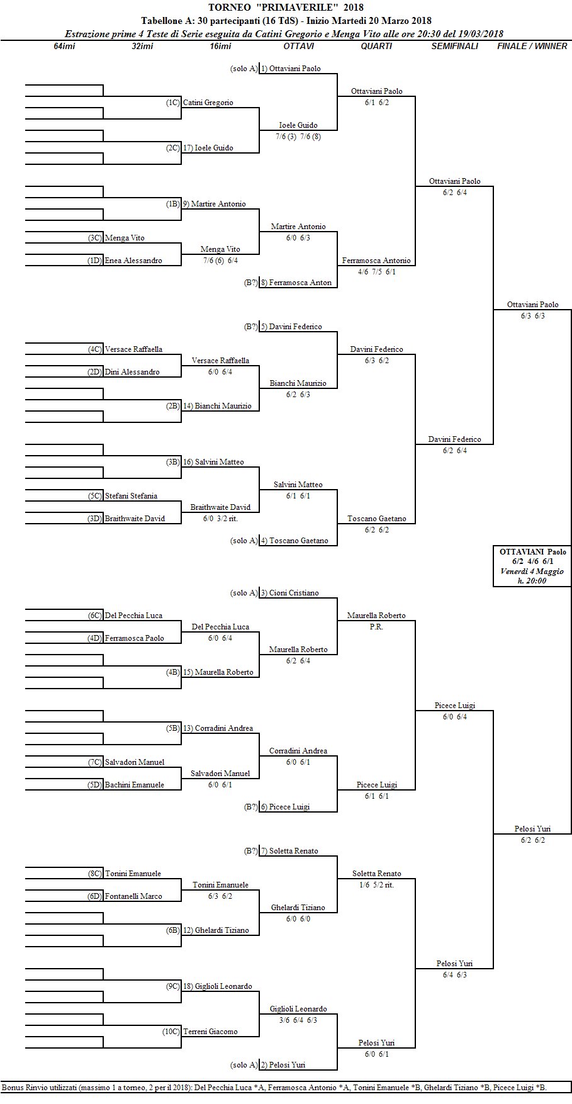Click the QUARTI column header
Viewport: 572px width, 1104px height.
coord(376,46)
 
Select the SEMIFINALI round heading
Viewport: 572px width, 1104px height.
coord(454,46)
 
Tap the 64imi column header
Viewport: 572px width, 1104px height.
coord(64,46)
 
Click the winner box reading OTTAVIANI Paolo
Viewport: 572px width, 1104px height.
coord(532,566)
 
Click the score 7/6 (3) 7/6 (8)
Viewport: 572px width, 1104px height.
coord(298,137)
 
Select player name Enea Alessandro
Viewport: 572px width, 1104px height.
coord(133,261)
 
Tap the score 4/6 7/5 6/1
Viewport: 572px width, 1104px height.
coord(376,272)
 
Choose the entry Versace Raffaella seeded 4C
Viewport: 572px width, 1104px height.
coord(133,349)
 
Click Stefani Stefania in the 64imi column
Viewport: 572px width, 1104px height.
coord(131,496)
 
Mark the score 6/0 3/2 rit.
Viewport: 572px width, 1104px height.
coord(220,519)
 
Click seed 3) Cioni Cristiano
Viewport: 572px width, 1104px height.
coord(294,593)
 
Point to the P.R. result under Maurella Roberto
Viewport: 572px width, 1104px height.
coord(376,627)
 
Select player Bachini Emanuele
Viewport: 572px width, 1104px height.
coord(135,785)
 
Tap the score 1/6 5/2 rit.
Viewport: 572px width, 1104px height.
coord(376,885)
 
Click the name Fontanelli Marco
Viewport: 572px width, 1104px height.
coord(133,896)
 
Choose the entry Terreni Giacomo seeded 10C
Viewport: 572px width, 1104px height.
coord(210,1032)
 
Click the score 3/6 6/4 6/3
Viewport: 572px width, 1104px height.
coord(298,1020)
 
